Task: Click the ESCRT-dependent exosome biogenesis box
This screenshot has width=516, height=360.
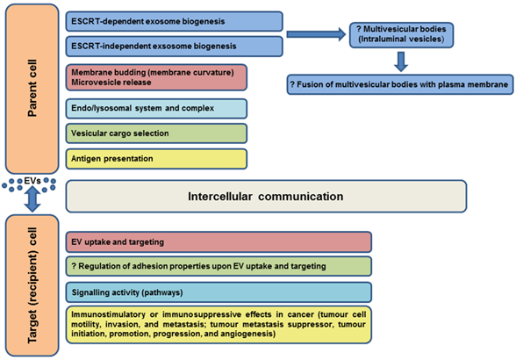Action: point(174,21)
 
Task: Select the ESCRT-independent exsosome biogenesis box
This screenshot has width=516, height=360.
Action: point(174,47)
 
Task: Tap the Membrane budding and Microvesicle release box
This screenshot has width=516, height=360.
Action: point(156,77)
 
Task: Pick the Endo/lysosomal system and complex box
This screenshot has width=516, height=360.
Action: point(156,108)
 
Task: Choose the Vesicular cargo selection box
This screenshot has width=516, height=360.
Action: point(156,133)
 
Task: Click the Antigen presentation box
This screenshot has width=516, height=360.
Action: point(156,159)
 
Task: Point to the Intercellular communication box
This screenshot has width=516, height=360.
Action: point(266,197)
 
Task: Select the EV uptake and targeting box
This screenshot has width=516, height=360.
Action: point(219,242)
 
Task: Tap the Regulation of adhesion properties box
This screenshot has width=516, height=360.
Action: point(219,266)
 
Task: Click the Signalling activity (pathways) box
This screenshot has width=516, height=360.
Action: point(219,292)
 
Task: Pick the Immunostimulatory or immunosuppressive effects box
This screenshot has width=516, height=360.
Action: point(219,325)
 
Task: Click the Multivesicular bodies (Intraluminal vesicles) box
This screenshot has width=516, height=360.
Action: point(402,35)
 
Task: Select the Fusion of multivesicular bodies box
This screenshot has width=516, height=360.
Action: point(400,84)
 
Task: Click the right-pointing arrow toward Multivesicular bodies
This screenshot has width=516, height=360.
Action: point(316,34)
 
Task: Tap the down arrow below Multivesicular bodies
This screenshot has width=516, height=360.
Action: point(401,61)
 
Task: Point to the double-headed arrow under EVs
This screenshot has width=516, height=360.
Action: point(32,199)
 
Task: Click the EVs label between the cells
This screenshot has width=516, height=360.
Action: point(32,181)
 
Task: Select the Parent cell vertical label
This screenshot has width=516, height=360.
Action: point(32,89)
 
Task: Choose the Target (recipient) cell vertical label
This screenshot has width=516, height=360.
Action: point(32,285)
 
